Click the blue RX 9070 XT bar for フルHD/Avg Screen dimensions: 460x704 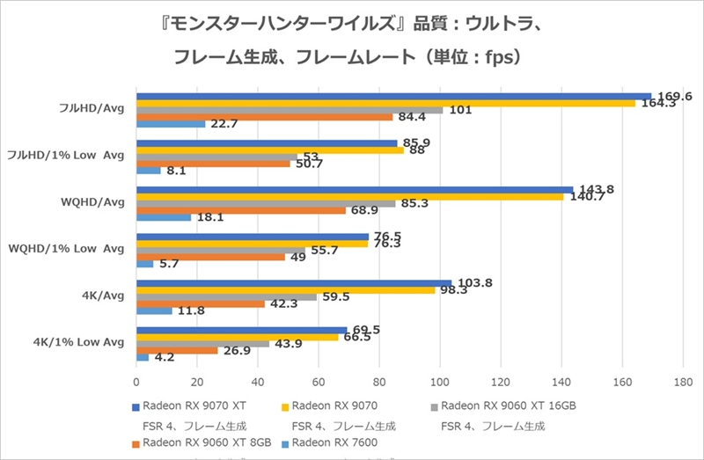tap(393, 97)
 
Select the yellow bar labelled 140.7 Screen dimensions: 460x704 tap(349, 197)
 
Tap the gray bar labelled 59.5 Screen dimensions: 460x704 tap(226, 297)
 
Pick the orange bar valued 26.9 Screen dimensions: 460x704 tap(177, 350)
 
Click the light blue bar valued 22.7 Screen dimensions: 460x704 tap(171, 124)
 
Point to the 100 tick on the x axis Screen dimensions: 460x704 tap(440, 383)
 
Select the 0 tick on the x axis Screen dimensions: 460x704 tap(136, 383)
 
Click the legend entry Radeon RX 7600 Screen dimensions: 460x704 tap(335, 442)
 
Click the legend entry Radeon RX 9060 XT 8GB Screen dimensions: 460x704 tap(201, 442)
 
